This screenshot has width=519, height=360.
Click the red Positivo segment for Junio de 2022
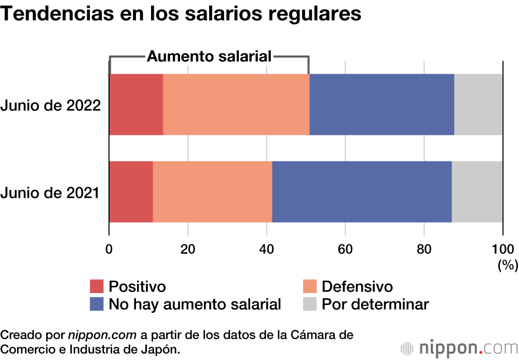tap(136, 104)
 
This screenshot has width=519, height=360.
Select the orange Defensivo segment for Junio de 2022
tap(236, 104)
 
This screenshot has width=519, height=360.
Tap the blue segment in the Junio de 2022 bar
tap(381, 104)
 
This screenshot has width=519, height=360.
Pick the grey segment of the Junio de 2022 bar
tap(479, 104)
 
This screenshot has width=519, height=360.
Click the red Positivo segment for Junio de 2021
tap(131, 192)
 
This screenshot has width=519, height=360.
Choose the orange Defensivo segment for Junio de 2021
tap(212, 192)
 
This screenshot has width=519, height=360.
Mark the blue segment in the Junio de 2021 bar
tap(362, 192)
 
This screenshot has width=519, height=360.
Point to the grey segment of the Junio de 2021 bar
tap(477, 192)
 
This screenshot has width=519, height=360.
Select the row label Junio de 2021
tap(50, 193)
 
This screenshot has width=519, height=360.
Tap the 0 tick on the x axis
tap(109, 248)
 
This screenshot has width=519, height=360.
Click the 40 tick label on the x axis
tap(266, 248)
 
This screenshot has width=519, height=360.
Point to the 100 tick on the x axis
tap(502, 248)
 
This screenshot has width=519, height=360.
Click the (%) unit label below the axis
tap(508, 265)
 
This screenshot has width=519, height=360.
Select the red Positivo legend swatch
tap(97, 286)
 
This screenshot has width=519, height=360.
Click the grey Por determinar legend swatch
tap(310, 304)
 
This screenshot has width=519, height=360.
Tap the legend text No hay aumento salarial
tap(195, 304)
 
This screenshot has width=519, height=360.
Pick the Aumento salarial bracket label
tap(209, 56)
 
